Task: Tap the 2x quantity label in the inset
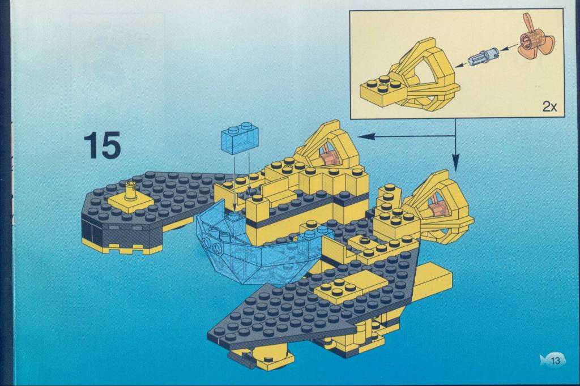click(549, 107)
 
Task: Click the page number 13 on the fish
click(555, 360)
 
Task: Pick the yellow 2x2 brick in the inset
click(383, 89)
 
